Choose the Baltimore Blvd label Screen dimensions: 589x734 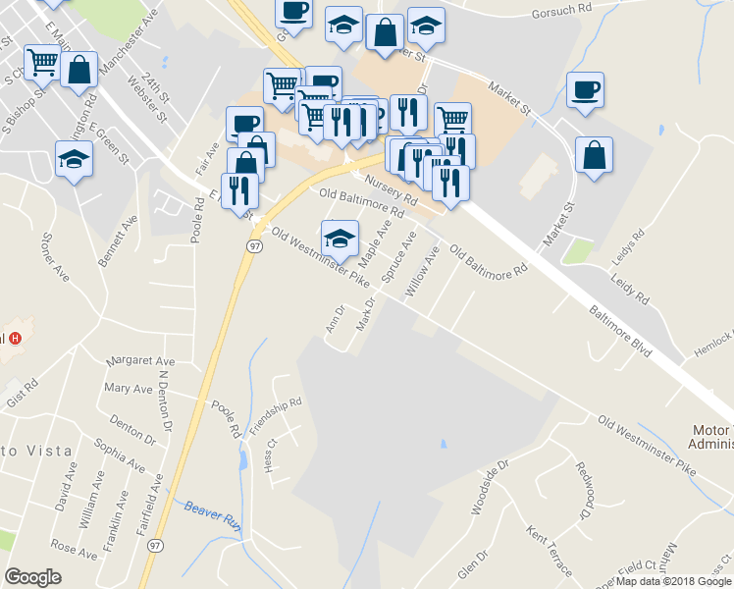[x=621, y=328]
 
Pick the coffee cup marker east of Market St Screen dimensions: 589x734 [x=585, y=90]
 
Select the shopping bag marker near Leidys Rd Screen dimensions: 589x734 [x=594, y=156]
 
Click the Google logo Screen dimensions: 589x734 [x=32, y=577]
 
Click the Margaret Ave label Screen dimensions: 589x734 [x=140, y=360]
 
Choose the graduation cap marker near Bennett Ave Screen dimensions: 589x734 [x=74, y=159]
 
